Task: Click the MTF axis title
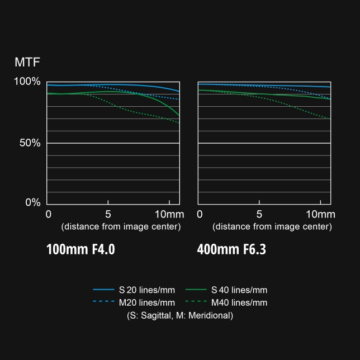pos(27,61)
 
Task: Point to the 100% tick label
pos(27,82)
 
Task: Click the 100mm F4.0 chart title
pos(80,249)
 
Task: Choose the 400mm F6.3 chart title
pos(231,249)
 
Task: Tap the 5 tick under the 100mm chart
pos(108,215)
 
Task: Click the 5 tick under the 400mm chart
pos(259,215)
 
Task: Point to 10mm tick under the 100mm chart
pos(169,215)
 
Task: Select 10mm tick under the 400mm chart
pos(320,215)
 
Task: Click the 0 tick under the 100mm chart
pos(49,215)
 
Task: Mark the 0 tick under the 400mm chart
pos(200,215)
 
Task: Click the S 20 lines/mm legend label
pos(146,290)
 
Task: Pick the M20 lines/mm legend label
pos(146,302)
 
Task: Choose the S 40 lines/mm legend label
pos(239,290)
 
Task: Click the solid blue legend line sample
pos(103,290)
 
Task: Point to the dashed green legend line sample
pos(196,302)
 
